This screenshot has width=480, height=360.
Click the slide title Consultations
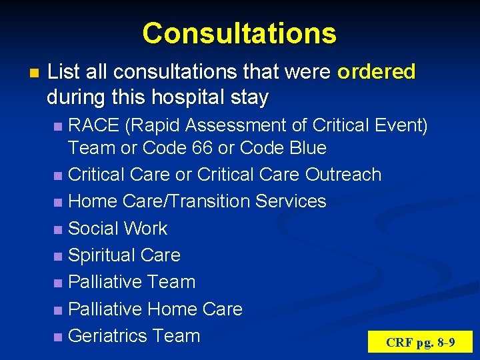coord(239,33)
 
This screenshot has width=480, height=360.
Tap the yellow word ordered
coord(376,72)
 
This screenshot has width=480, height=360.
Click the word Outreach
coord(343,175)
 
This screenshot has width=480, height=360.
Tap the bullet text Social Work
coord(118,229)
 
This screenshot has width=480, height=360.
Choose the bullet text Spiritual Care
coord(125,255)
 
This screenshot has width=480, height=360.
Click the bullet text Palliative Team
coord(132,282)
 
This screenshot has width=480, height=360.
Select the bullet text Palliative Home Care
coord(155,309)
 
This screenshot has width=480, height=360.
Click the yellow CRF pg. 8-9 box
coord(420,343)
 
